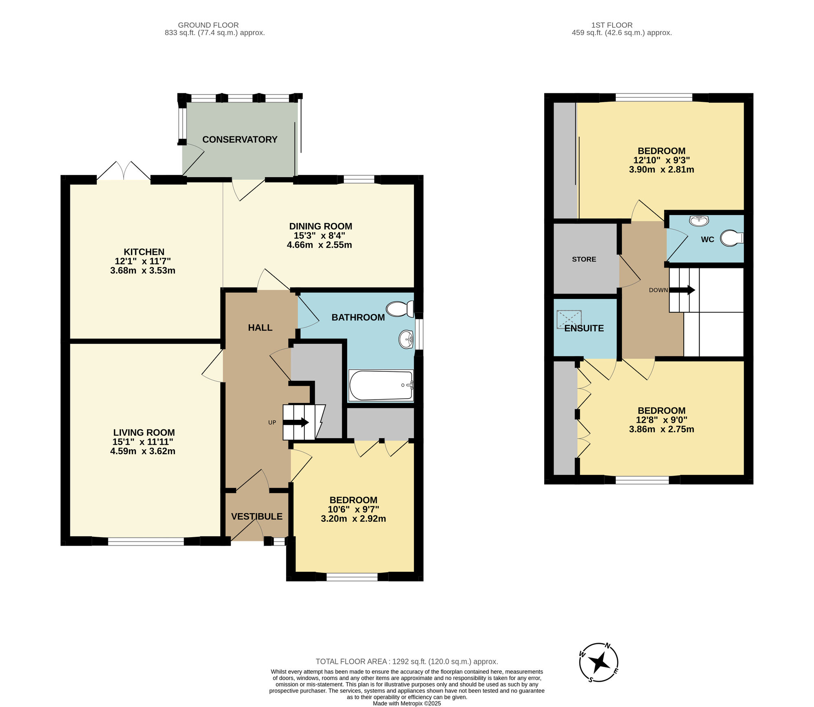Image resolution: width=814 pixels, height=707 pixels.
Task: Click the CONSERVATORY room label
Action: point(240,140)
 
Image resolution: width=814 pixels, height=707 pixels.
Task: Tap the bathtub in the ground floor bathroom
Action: point(381,385)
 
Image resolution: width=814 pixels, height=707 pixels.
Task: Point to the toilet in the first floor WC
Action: point(731,238)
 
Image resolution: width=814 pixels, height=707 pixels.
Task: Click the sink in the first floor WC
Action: point(699,221)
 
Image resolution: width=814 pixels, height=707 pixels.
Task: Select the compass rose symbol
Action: point(599,663)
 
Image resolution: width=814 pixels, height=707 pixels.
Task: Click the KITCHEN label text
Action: point(144,252)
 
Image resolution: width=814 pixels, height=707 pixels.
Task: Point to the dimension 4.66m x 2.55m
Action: point(319,245)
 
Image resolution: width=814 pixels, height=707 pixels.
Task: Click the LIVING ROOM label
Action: point(144,433)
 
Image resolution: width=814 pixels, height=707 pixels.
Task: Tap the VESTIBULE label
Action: point(257,516)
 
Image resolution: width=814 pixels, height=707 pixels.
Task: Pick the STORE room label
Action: point(584,259)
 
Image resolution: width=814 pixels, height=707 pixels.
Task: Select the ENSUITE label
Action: point(584,328)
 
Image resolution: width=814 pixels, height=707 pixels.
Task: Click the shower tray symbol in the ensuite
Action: point(569,319)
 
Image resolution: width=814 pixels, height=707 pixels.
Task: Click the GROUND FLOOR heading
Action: point(208,25)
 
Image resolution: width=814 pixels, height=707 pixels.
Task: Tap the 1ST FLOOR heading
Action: point(612,25)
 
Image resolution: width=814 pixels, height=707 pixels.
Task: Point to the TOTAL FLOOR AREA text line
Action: point(407,662)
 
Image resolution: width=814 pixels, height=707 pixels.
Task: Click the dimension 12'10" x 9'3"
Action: point(661,160)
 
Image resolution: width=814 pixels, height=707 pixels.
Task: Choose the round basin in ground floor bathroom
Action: point(406,339)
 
